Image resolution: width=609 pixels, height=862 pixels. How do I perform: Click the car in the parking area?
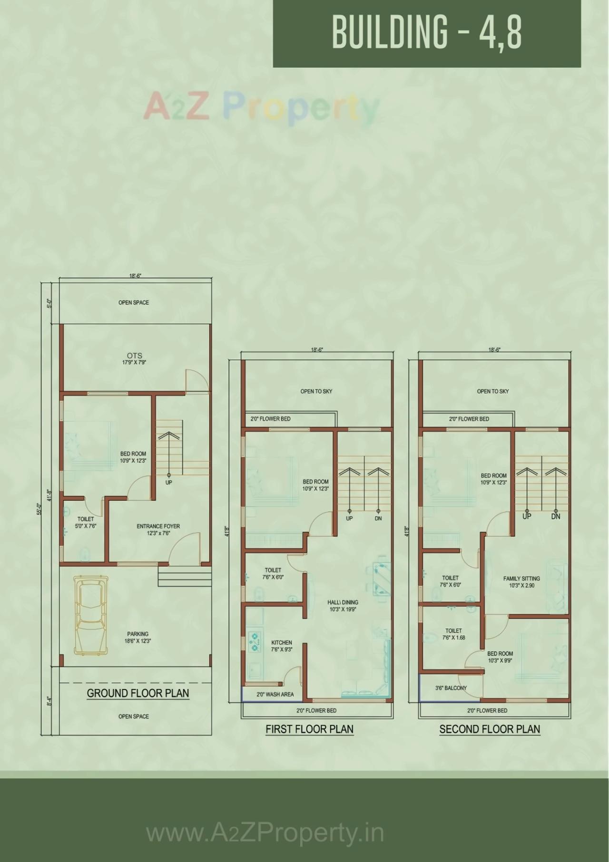[91, 615]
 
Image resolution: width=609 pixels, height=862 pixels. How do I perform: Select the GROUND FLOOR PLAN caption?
[138, 693]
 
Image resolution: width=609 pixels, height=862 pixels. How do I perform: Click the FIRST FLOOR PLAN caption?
[309, 729]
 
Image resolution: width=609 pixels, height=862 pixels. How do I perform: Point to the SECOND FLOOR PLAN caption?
[490, 729]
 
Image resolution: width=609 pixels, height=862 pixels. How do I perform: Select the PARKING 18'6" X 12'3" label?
[138, 637]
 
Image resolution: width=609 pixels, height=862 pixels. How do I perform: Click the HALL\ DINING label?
[343, 605]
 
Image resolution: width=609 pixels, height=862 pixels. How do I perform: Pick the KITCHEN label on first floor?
[282, 646]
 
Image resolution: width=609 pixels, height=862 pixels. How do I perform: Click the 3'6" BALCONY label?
[451, 688]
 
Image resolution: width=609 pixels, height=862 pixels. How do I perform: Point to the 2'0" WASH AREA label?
[275, 694]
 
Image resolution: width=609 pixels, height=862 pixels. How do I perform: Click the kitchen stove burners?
[255, 641]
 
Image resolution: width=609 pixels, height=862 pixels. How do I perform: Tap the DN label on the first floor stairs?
[378, 518]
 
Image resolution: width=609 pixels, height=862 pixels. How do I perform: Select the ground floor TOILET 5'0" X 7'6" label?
[86, 523]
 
